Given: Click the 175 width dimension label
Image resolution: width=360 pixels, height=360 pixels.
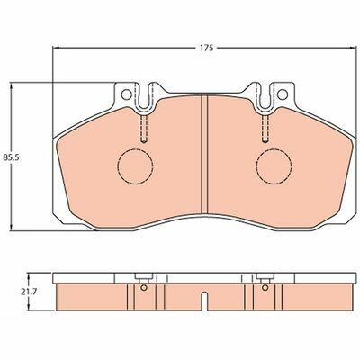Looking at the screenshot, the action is coord(207,48).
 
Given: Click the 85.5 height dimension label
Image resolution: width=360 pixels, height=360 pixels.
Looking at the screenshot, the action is coord(11,157).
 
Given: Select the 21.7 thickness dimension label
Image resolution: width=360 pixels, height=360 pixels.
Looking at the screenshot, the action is coord(29,292).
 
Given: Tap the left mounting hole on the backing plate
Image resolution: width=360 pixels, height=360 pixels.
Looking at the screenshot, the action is coord(127,94).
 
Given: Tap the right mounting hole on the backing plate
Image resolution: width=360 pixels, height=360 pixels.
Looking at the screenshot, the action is coord(283,94).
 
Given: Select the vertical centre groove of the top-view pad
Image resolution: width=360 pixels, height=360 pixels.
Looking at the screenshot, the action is coord(204,155).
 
